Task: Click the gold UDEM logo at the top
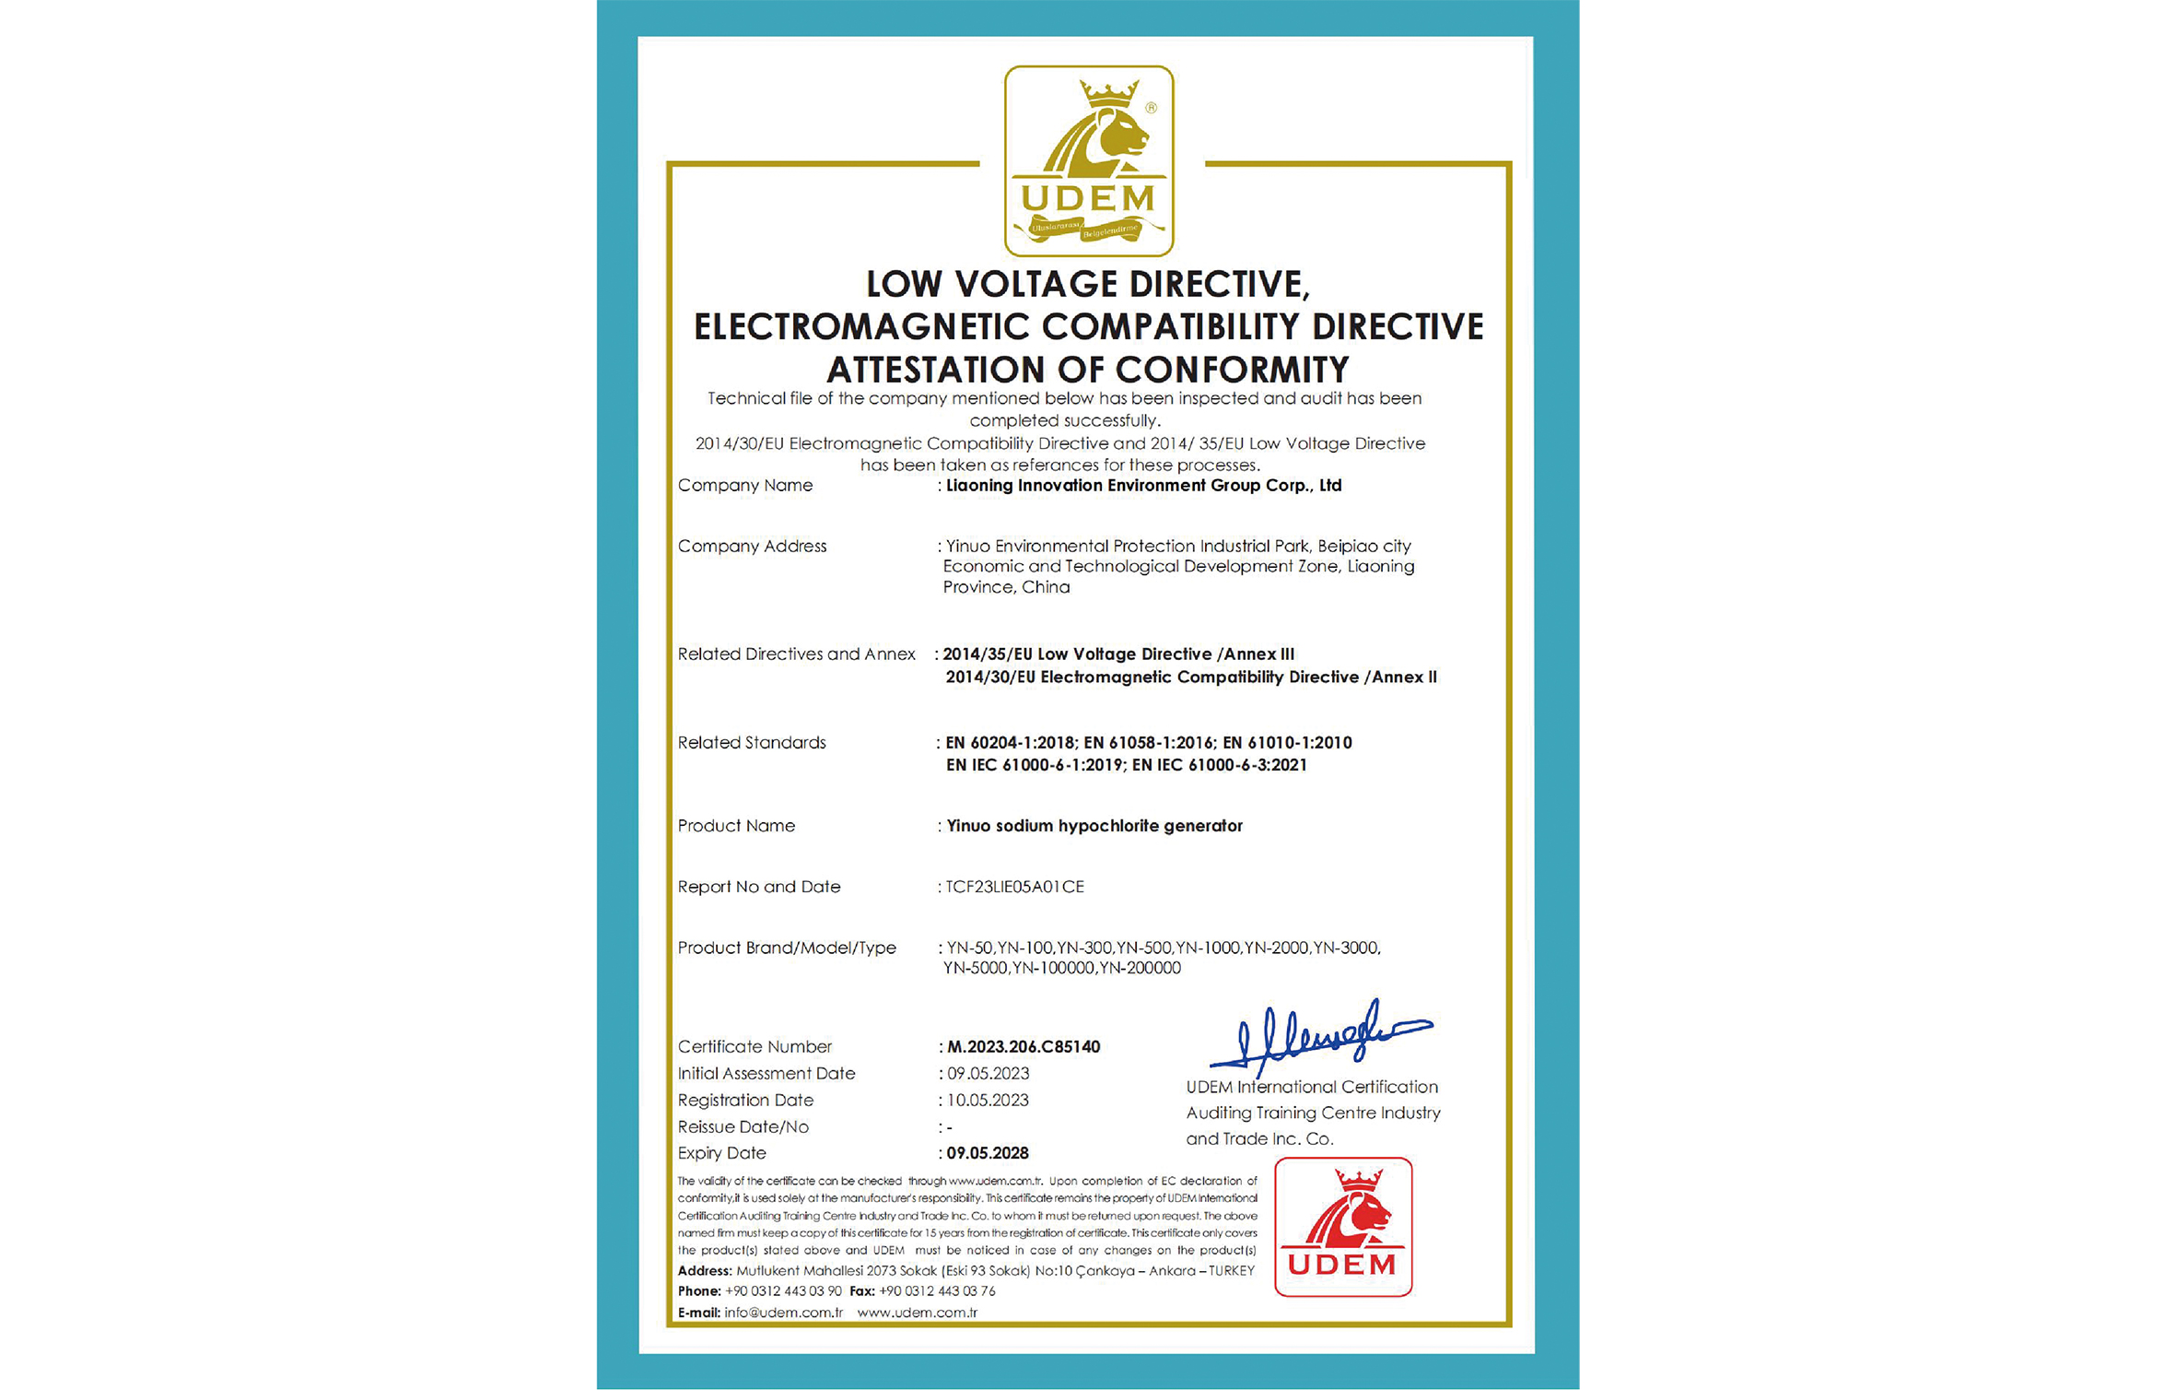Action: [1088, 160]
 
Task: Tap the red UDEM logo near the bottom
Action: [1342, 1227]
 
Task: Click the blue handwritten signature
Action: [1318, 1036]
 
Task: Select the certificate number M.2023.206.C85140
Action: [1024, 1046]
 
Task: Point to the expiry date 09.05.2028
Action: [988, 1153]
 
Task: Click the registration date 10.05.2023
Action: [988, 1100]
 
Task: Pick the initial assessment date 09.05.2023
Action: [988, 1073]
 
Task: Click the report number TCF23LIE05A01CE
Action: [1014, 887]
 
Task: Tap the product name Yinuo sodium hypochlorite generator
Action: [1094, 826]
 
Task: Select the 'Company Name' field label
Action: [745, 486]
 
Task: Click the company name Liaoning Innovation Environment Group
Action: [1143, 486]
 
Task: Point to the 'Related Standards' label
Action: [752, 743]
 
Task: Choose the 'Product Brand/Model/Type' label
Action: [787, 948]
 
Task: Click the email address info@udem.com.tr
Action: [783, 1313]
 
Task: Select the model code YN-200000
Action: [1141, 969]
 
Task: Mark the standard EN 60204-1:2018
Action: [1010, 743]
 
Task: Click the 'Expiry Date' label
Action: [721, 1153]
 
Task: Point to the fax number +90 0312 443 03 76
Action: [937, 1291]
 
